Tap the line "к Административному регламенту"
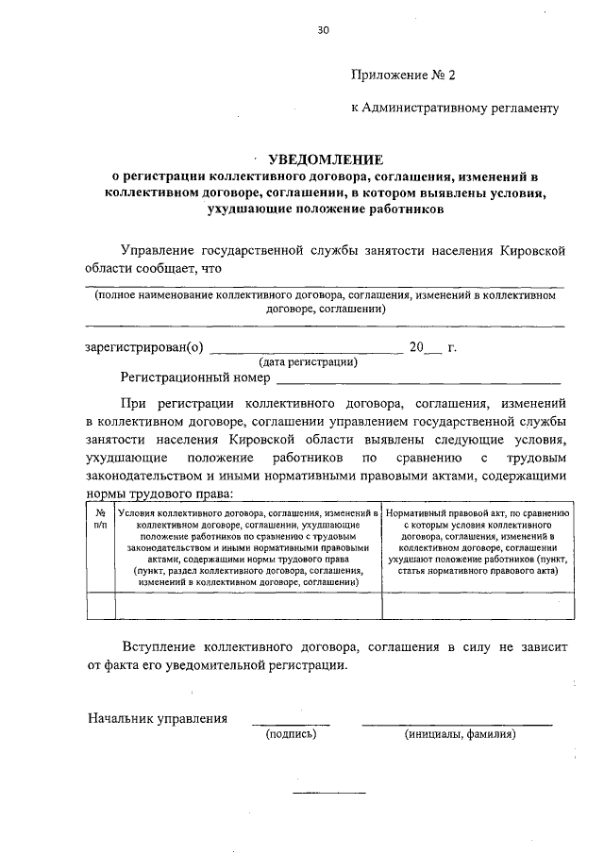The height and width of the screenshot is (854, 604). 455,108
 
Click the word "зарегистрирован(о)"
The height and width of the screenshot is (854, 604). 143,346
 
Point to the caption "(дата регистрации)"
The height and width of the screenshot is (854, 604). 308,361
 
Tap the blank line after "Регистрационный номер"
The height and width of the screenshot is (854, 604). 418,381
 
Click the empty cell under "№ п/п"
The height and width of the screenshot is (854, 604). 101,605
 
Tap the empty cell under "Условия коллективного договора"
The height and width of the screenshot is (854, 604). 248,605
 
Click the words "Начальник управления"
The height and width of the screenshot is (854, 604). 158,718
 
